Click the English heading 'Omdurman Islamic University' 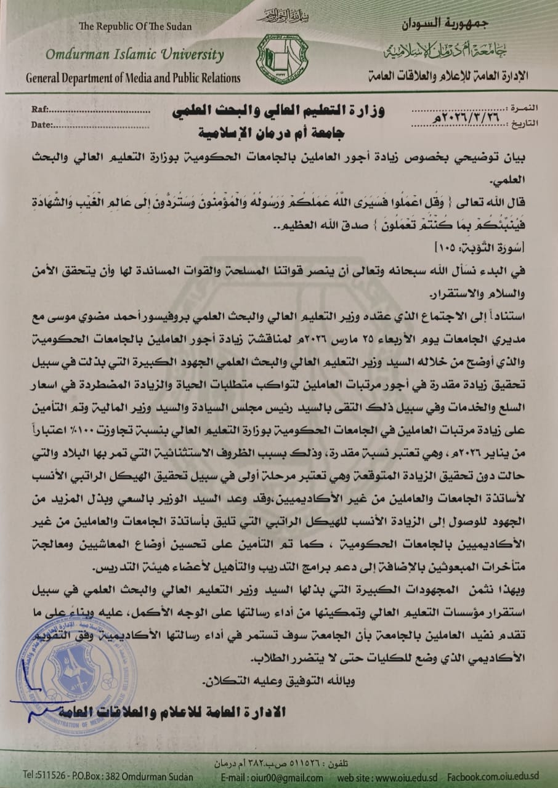coord(134,54)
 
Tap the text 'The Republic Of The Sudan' coord(135,26)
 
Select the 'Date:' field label coord(42,124)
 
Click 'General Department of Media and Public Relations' coord(133,78)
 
